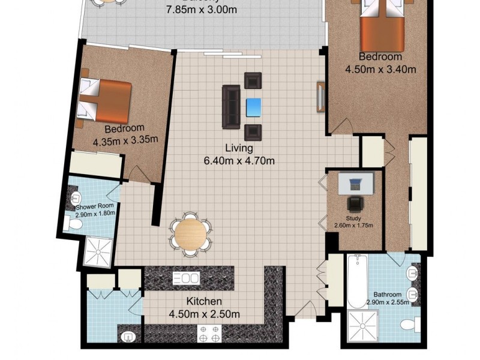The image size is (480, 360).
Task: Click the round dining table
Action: pyautogui.click(x=191, y=234)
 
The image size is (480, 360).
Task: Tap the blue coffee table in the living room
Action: pyautogui.click(x=254, y=107)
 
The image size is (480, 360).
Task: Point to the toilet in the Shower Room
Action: pyautogui.click(x=73, y=224)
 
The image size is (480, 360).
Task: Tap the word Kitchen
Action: pyautogui.click(x=204, y=301)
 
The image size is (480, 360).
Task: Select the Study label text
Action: pyautogui.click(x=353, y=218)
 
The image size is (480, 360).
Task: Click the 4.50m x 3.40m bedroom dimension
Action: pyautogui.click(x=380, y=69)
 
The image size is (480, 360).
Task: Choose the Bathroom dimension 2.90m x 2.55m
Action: pyautogui.click(x=388, y=303)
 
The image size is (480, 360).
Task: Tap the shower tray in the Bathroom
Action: pyautogui.click(x=366, y=328)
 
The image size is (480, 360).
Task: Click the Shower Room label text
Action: pyautogui.click(x=94, y=206)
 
